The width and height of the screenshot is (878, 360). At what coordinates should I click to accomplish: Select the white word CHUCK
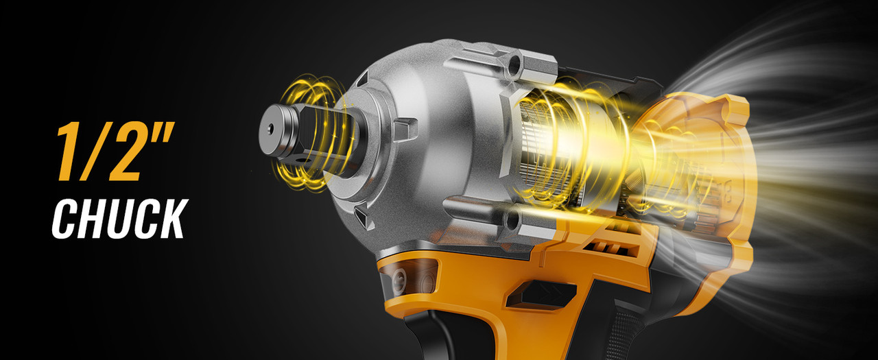120,219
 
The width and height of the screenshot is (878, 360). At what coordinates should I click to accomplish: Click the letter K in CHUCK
172,219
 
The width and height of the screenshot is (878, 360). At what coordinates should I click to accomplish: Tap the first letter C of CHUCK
67,219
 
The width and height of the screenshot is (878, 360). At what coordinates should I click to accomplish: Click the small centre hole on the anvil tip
270,128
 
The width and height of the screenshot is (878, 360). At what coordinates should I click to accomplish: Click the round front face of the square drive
276,130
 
